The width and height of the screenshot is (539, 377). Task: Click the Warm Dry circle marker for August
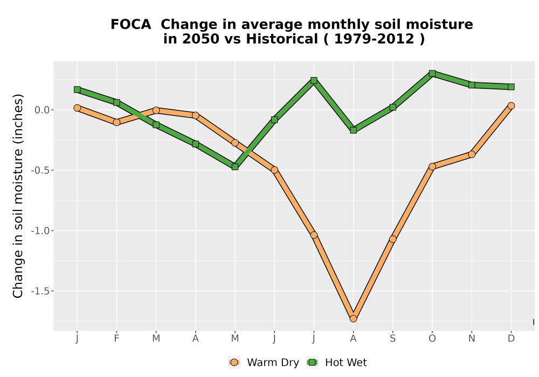tap(353, 319)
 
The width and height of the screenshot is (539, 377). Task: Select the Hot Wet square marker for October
tap(432, 73)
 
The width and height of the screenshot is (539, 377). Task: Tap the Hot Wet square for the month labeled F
tap(116, 102)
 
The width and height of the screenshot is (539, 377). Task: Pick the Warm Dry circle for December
tap(511, 106)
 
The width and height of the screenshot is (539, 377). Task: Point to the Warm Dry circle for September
tap(392, 239)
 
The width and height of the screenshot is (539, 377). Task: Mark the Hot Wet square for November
tap(472, 85)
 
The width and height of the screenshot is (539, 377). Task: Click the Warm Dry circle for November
tap(472, 155)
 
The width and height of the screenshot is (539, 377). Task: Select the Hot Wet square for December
tap(511, 87)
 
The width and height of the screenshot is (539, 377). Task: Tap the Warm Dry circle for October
tap(432, 166)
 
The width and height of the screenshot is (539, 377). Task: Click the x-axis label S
tap(392, 339)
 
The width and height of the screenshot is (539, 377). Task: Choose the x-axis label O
tap(432, 339)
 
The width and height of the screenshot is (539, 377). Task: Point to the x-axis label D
tap(511, 339)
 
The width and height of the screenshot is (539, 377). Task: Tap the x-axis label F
tap(116, 339)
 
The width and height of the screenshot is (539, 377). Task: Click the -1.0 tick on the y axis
tap(40, 231)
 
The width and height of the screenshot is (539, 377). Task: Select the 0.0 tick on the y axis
tap(42, 110)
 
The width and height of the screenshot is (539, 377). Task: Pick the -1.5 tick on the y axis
tap(40, 291)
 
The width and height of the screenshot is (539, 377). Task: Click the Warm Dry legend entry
tap(264, 362)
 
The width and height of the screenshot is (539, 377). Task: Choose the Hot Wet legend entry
tap(336, 362)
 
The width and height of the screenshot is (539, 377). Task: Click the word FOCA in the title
tap(130, 24)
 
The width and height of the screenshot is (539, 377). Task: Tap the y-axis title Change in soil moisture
tap(18, 196)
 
